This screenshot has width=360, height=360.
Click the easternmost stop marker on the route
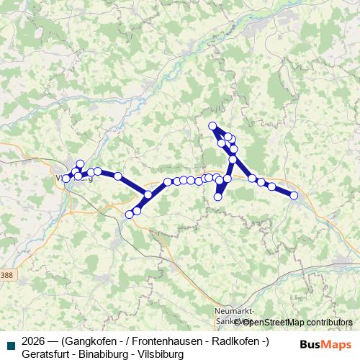coord(294,194)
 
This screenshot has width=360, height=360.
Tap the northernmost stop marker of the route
coord(212,127)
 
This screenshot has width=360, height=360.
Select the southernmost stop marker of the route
coord(130,214)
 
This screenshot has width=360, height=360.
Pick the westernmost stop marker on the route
coord(66,178)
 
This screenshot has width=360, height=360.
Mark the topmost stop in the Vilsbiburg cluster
coord(80,163)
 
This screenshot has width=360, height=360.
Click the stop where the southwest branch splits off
coord(148,194)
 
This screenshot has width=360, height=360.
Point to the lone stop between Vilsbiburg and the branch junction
coord(117,176)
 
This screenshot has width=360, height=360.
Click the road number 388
coord(7,276)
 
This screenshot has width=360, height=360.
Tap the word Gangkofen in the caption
coord(94,341)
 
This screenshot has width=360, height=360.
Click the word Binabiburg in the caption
coord(107,354)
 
